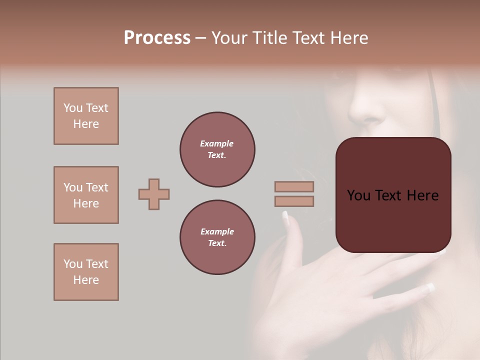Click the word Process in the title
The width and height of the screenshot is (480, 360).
pos(157,38)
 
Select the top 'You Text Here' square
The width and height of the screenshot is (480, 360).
pos(86,116)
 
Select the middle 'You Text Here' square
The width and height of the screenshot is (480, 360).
pos(86,195)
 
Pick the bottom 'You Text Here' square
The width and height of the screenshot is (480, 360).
pos(86,272)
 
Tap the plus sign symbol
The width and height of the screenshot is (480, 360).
pos(154,194)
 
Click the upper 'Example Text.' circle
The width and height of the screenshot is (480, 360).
pos(217,149)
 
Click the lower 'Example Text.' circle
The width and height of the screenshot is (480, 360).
pos(217,237)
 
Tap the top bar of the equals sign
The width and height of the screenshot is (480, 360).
pos(294,186)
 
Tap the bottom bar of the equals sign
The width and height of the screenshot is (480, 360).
pos(294,201)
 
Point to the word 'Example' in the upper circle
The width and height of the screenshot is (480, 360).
pos(217,143)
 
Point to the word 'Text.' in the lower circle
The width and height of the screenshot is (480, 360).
pos(217,243)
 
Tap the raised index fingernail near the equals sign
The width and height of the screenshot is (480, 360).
pos(285,217)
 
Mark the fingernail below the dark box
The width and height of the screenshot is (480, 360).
pos(429,288)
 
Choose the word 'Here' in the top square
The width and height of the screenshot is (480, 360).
pos(86,124)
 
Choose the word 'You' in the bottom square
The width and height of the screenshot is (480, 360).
pos(73,264)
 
